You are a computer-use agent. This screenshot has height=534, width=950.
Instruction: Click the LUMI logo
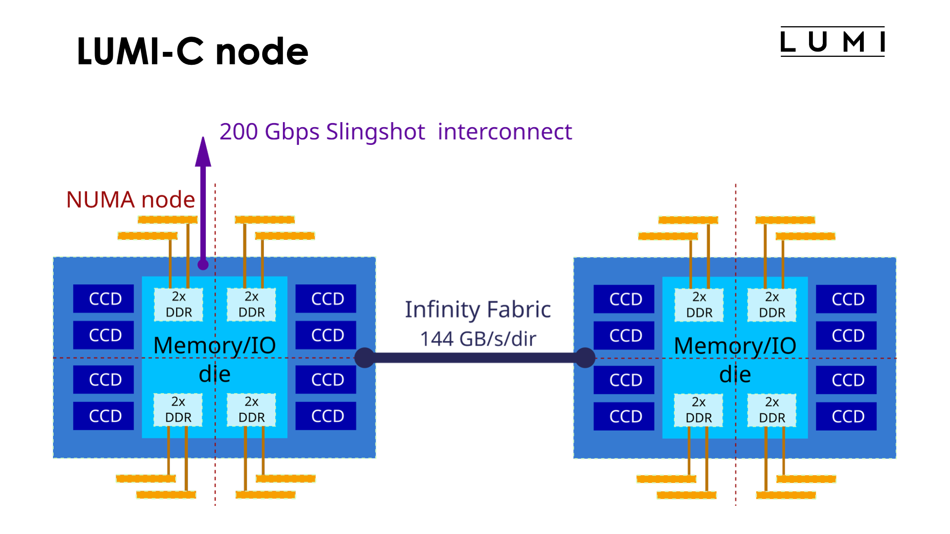(x=832, y=42)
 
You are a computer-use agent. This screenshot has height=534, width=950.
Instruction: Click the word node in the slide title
(x=262, y=52)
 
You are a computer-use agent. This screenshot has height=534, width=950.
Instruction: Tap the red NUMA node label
(x=131, y=200)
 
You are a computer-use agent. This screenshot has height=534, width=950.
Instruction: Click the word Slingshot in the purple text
(x=375, y=132)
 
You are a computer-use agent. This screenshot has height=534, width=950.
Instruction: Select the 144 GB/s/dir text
(x=478, y=339)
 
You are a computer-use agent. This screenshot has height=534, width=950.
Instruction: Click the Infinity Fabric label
(x=477, y=310)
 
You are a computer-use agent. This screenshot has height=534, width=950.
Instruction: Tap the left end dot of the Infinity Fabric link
(x=365, y=357)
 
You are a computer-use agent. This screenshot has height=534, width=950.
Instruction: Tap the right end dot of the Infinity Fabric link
(x=585, y=357)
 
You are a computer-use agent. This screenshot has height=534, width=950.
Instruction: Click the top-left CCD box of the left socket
(x=103, y=299)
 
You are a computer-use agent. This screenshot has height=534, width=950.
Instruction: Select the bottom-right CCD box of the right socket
(x=846, y=416)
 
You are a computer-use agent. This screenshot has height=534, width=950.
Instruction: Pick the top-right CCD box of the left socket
(x=326, y=299)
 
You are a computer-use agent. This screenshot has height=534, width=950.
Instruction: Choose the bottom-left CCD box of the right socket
(x=624, y=416)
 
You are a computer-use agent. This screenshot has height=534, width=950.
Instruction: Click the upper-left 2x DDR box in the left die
(x=179, y=305)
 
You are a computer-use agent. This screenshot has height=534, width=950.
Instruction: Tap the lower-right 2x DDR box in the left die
(x=251, y=410)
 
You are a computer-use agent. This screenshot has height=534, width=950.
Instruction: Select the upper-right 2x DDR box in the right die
(x=772, y=305)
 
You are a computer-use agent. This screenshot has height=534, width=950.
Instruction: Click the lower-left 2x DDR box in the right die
(x=699, y=410)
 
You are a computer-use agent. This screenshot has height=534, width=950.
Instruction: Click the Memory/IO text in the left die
(x=214, y=346)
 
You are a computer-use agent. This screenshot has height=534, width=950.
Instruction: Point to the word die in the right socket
(x=735, y=375)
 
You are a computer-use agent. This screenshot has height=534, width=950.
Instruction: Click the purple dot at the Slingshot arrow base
(x=203, y=265)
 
